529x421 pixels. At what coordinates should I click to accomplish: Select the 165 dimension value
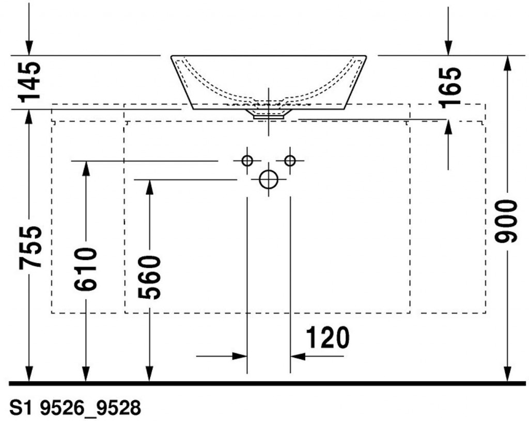[450, 87]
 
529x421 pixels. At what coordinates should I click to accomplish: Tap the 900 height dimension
[506, 221]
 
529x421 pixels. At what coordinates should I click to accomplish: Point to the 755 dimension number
[30, 248]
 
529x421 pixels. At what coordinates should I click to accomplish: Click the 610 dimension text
[85, 269]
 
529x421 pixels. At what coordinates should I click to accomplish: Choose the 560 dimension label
[149, 277]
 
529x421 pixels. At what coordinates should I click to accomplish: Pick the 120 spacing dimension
[328, 337]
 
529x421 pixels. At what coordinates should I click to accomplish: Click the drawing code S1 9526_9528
[75, 408]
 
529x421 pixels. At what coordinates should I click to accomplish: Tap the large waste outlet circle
[269, 179]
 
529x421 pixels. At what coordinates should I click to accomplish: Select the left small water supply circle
[247, 161]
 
